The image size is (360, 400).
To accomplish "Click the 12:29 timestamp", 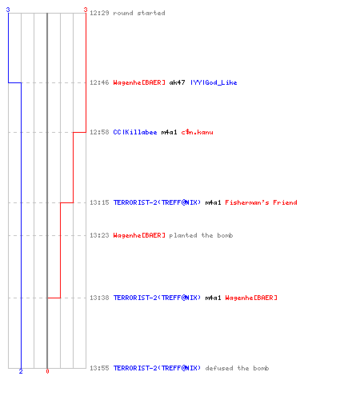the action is pyautogui.click(x=99, y=13).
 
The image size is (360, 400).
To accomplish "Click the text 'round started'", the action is pyautogui.click(x=139, y=13).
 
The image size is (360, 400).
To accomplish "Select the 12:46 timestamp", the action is pyautogui.click(x=99, y=82).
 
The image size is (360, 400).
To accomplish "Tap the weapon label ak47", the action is pyautogui.click(x=178, y=82).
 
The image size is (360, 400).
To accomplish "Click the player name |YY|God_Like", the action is pyautogui.click(x=214, y=82).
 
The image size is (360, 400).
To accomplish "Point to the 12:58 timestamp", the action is pyautogui.click(x=99, y=132).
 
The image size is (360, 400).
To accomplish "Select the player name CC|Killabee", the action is pyautogui.click(x=135, y=132).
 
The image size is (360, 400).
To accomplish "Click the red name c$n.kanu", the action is pyautogui.click(x=198, y=132).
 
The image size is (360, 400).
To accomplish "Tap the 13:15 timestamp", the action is pyautogui.click(x=99, y=202).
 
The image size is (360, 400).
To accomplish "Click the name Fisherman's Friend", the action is pyautogui.click(x=261, y=202).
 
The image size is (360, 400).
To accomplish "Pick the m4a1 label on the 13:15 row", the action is pyautogui.click(x=213, y=202).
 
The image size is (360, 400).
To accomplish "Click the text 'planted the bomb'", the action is pyautogui.click(x=201, y=235).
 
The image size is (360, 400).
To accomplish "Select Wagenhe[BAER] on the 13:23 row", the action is pyautogui.click(x=139, y=235).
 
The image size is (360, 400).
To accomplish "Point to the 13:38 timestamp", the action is pyautogui.click(x=99, y=298).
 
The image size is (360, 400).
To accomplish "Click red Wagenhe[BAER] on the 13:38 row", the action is pyautogui.click(x=251, y=298).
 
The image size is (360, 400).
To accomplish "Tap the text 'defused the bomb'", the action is pyautogui.click(x=237, y=368).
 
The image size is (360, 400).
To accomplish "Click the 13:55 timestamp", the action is pyautogui.click(x=99, y=368).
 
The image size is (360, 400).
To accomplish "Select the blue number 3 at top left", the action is pyautogui.click(x=8, y=10).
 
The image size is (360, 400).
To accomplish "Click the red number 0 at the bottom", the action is pyautogui.click(x=47, y=371).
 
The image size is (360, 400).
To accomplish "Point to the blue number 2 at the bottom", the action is pyautogui.click(x=21, y=371).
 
